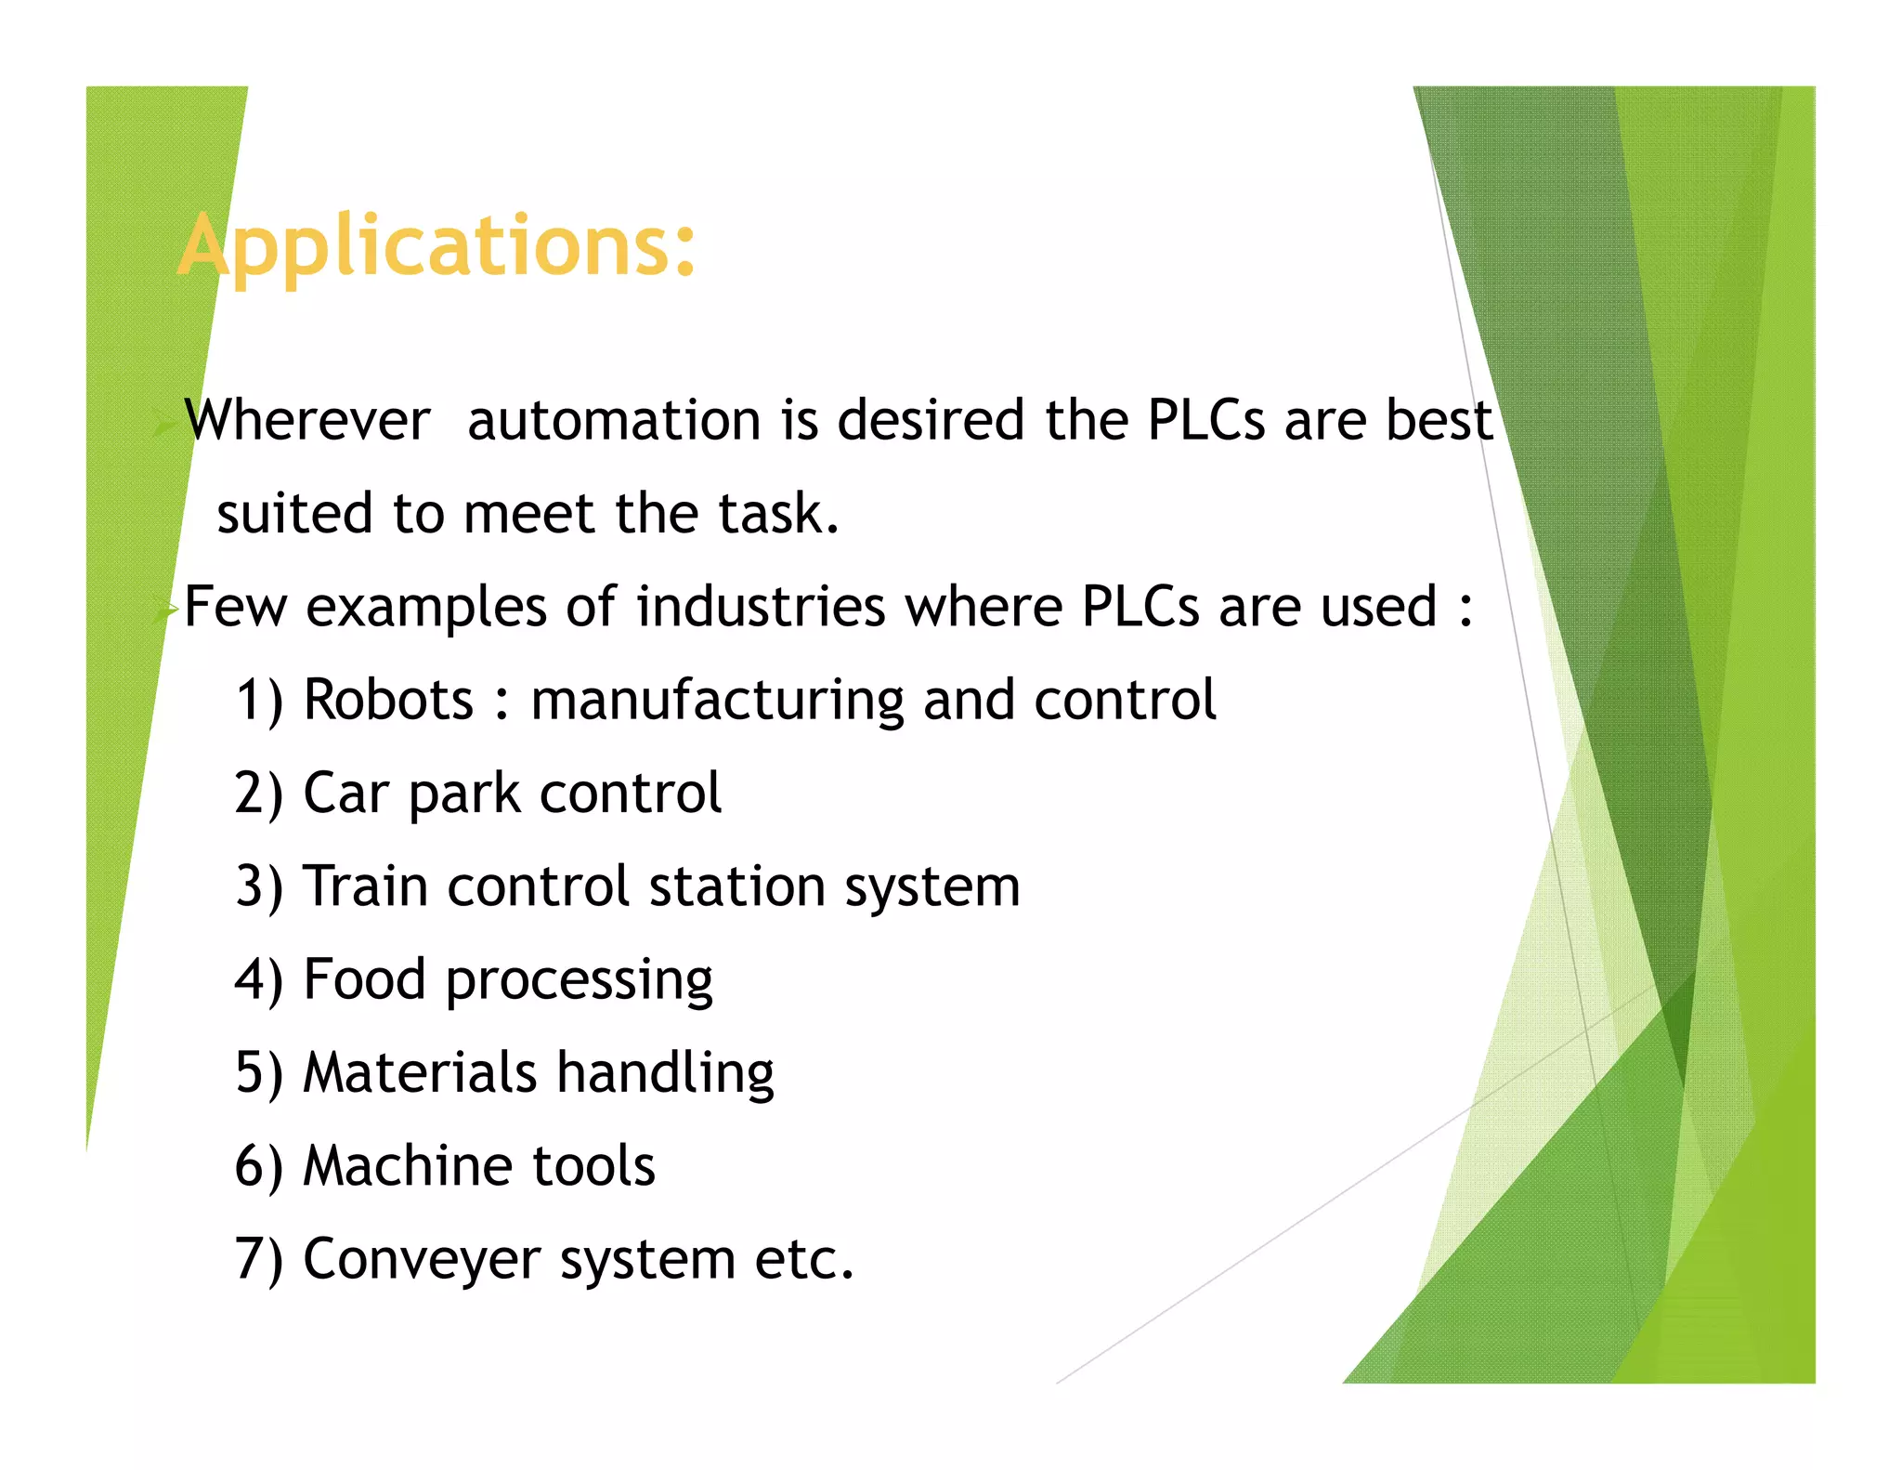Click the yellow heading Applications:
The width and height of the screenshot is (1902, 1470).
[436, 246]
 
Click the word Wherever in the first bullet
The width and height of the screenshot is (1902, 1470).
[307, 420]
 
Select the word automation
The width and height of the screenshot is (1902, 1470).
[614, 420]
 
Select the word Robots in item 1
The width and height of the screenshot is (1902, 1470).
[388, 700]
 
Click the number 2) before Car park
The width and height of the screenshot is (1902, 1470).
[258, 794]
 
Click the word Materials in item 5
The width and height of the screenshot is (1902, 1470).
[420, 1072]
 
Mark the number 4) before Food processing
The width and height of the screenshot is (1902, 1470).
[258, 980]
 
